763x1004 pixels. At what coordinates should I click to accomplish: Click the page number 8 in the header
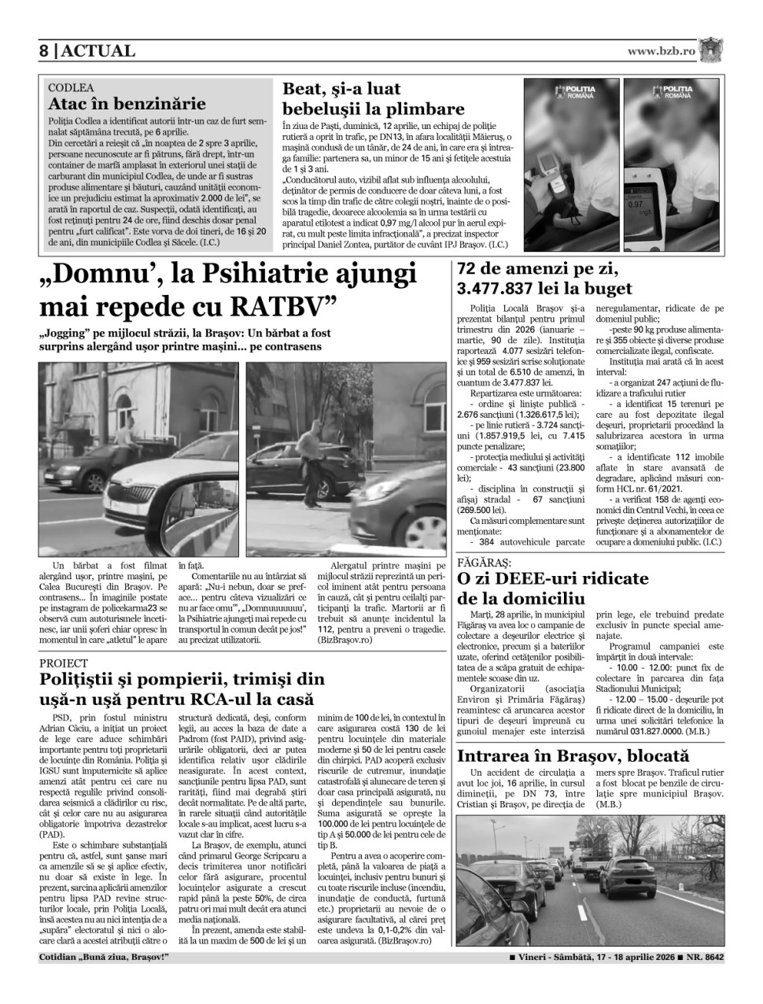pos(44,51)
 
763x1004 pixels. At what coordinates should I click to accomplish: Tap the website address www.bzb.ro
pos(662,51)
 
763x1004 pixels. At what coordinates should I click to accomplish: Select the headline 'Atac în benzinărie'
pos(127,104)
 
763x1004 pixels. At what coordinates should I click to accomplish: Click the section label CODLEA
pos(71,88)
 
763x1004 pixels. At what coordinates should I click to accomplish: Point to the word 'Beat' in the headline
pos(305,89)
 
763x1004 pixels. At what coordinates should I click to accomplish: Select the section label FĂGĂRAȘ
pos(484,563)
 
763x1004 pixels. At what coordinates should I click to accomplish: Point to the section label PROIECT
pos(65,663)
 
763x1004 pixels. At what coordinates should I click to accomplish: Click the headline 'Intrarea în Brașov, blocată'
pos(573,756)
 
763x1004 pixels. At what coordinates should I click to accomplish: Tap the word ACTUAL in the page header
pos(98,51)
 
